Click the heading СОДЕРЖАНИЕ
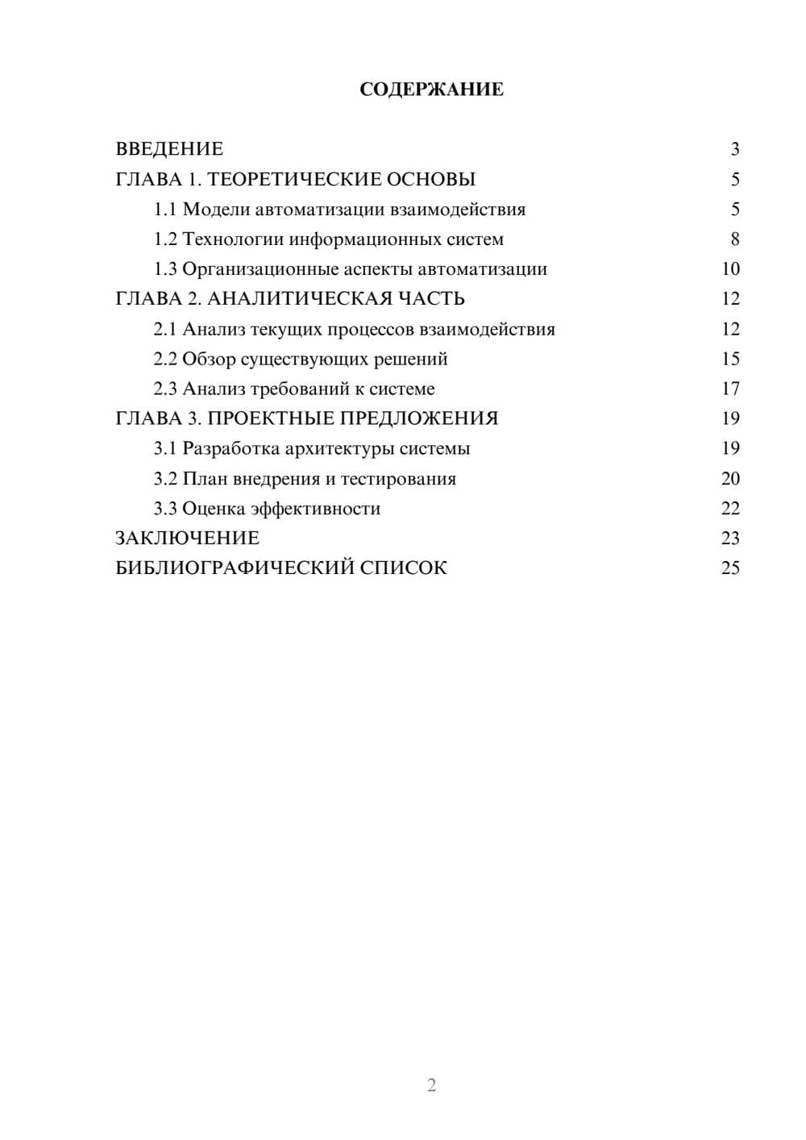coord(431,89)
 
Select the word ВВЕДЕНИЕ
coord(169,149)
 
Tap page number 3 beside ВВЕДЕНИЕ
coord(734,149)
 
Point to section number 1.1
coord(165,210)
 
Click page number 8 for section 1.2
coord(734,239)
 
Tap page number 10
coord(730,269)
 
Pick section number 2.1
coord(165,329)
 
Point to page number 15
coord(730,359)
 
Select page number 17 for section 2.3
coord(730,389)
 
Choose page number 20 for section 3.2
coord(730,479)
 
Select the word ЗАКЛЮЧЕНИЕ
coord(187,538)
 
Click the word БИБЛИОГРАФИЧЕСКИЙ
coord(235,568)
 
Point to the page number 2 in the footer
coord(431,1085)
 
